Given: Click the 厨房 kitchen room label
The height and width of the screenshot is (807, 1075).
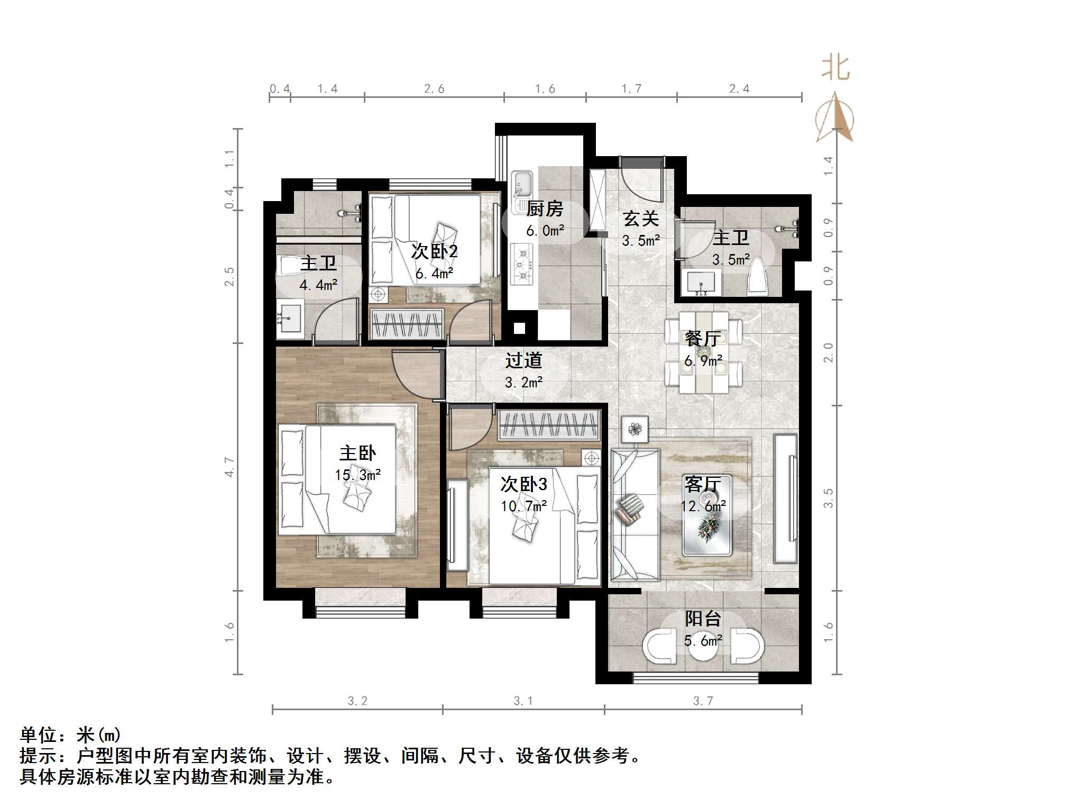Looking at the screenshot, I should pyautogui.click(x=545, y=208).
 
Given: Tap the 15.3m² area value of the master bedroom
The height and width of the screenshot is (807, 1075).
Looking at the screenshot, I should pyautogui.click(x=357, y=475).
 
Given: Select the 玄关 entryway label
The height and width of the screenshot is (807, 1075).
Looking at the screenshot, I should pyautogui.click(x=640, y=218).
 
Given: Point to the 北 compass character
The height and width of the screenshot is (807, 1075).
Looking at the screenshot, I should pyautogui.click(x=835, y=68).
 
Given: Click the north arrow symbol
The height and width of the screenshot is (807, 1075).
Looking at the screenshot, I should pyautogui.click(x=834, y=118).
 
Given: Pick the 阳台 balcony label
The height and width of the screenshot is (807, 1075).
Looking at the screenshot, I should pyautogui.click(x=703, y=619).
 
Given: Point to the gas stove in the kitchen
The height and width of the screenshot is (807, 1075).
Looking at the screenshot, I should pyautogui.click(x=522, y=264).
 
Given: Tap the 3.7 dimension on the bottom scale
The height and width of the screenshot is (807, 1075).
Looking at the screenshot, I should pyautogui.click(x=703, y=701).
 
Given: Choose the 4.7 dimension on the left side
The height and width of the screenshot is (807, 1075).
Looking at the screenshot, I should pyautogui.click(x=229, y=467).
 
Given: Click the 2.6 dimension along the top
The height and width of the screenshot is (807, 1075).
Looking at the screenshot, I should pyautogui.click(x=434, y=89).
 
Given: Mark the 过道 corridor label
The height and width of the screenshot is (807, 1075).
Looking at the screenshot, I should pyautogui.click(x=523, y=360).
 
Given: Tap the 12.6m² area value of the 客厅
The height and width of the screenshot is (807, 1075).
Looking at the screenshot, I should pyautogui.click(x=703, y=506).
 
